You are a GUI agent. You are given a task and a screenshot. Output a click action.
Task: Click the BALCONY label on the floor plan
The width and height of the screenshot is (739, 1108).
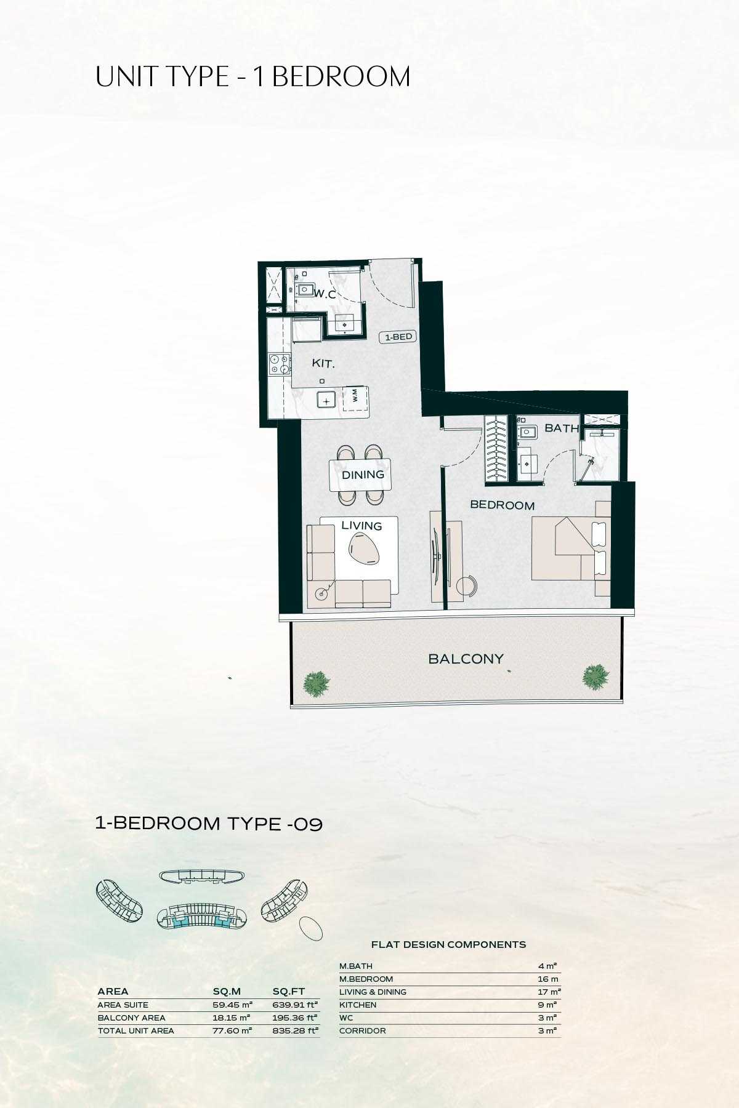coord(466,659)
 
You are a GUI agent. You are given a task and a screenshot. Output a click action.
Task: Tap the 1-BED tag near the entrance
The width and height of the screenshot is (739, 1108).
coord(398,337)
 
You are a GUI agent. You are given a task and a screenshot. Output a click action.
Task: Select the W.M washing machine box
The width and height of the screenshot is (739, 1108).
coord(355,398)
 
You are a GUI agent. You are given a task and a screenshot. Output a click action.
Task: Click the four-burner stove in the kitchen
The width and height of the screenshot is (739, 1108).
coord(278,364)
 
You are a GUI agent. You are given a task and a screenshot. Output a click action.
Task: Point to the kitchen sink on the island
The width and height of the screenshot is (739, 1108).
coord(326,400)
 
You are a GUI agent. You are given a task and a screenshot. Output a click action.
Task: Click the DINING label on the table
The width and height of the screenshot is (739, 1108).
coord(363,475)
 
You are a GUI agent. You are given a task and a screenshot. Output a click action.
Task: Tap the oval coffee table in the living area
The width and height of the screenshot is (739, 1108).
coord(365,547)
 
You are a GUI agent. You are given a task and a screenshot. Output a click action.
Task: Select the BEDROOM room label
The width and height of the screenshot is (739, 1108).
coord(502,505)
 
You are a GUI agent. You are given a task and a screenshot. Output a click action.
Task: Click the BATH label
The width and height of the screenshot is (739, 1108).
coord(561,428)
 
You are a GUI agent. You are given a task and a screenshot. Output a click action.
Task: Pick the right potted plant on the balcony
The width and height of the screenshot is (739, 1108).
coord(596,676)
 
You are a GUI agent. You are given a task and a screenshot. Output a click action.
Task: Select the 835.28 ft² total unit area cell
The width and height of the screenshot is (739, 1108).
coord(295,1030)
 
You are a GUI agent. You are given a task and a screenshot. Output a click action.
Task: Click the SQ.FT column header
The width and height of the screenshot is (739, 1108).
coord(288,991)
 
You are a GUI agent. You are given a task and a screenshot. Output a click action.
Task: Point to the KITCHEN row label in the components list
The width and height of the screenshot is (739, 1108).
coord(357,1005)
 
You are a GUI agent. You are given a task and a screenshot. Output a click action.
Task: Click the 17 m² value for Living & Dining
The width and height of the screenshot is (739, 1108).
coord(549,992)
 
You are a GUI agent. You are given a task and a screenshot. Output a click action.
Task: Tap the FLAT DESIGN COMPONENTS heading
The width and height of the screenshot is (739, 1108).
coord(448,944)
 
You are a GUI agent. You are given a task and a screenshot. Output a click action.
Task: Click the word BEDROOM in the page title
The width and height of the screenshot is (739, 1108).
coord(341,78)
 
